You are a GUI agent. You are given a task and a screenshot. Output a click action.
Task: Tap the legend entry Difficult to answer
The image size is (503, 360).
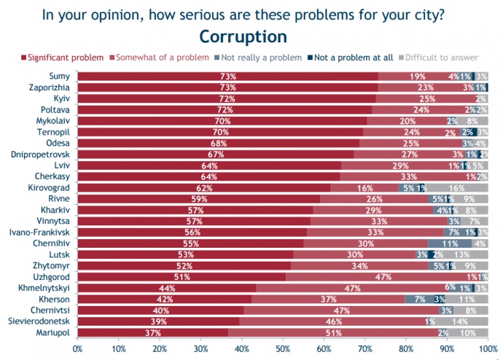(x=441, y=58)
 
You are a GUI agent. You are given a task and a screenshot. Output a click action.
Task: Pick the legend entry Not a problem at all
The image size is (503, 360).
(x=349, y=58)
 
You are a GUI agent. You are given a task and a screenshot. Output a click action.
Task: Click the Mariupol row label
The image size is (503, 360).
(x=54, y=332)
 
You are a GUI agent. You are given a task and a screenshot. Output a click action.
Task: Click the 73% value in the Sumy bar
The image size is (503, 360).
(x=228, y=76)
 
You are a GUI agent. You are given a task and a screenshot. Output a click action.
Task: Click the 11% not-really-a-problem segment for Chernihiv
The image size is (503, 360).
(x=450, y=243)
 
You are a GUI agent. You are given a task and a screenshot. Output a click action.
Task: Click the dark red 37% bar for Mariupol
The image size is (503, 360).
(x=153, y=332)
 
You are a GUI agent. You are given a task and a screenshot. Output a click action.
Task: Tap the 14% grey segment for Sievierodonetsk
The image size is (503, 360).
(x=459, y=321)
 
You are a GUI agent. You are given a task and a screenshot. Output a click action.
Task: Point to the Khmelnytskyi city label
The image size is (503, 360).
(x=43, y=288)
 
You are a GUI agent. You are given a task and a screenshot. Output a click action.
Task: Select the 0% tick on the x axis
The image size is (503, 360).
(x=78, y=348)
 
